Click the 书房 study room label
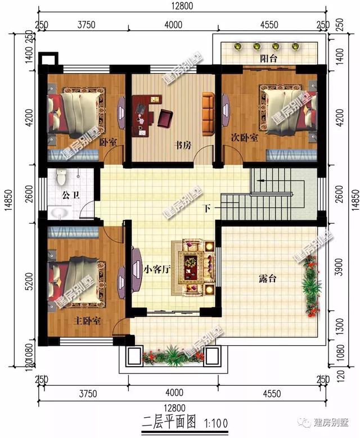tap(182, 145)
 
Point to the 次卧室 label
tap(244, 138)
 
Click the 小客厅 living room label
tap(156, 269)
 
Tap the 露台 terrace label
tap(268, 278)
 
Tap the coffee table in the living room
tap(191, 261)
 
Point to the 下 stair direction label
tap(207, 209)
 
